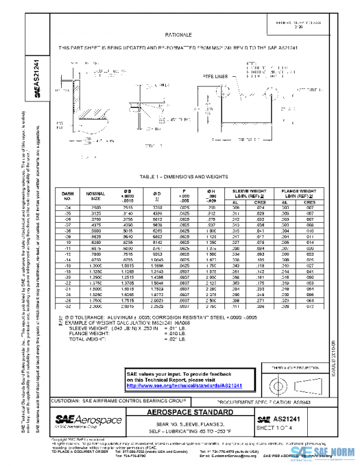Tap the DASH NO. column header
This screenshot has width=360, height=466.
(x=68, y=196)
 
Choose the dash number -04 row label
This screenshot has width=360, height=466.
(x=68, y=207)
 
